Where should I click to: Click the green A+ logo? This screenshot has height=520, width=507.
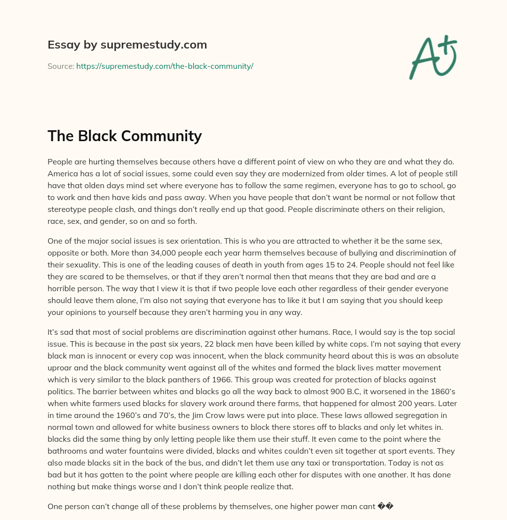click(x=433, y=57)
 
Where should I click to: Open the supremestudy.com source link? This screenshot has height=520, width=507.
click(x=164, y=66)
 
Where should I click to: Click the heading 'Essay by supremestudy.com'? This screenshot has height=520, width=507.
click(x=127, y=45)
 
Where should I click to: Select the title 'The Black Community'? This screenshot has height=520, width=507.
click(x=124, y=136)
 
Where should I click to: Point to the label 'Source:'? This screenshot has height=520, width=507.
click(x=60, y=66)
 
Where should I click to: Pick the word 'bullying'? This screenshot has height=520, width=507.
click(x=326, y=253)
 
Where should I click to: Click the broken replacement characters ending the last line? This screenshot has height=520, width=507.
click(x=385, y=506)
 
